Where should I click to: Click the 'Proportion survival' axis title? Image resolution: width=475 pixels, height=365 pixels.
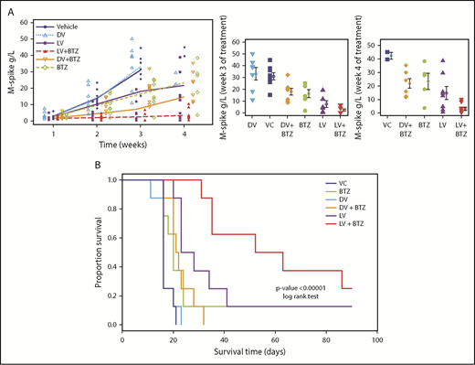99,252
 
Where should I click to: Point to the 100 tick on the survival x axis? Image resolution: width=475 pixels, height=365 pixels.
377,335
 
